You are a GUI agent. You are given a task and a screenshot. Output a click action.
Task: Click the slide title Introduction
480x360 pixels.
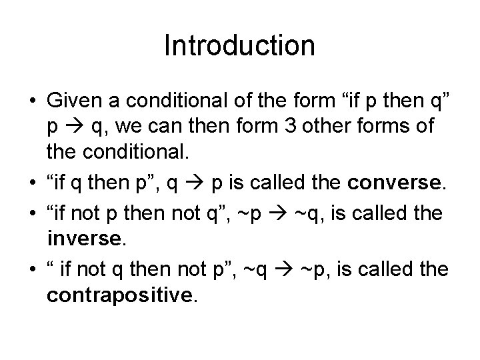tap(239, 46)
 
